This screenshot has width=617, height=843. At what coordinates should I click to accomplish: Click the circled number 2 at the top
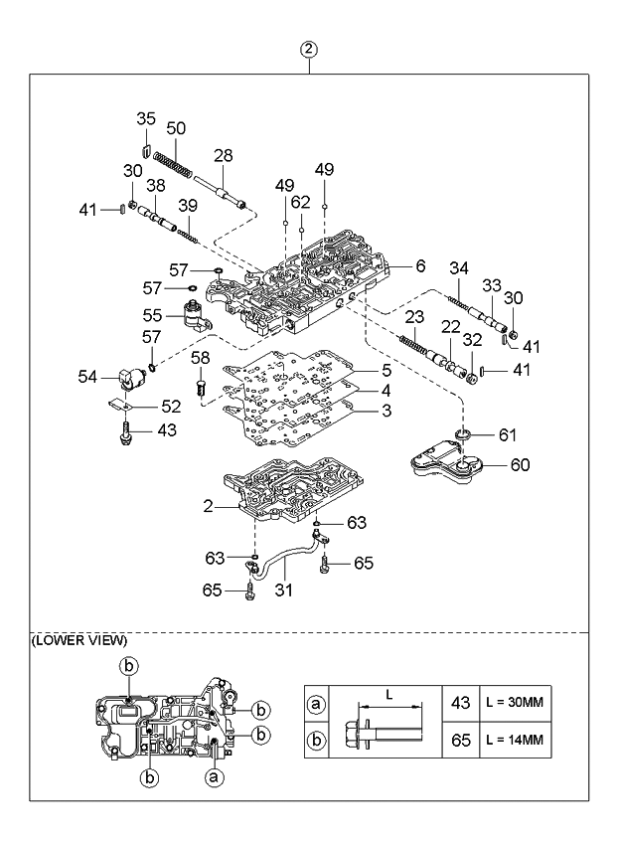pos(308,50)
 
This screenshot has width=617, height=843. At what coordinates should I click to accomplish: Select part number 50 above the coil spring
pos(176,128)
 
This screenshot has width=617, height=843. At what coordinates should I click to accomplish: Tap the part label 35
pos(146,118)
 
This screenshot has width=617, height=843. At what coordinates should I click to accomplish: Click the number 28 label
pos(223,155)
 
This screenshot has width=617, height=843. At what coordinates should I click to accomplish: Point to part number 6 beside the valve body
pos(420,265)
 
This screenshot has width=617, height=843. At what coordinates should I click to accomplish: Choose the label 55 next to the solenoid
pos(152,315)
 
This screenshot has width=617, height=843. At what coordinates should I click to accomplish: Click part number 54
pos(87,377)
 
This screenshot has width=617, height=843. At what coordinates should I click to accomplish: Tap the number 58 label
pos(200,357)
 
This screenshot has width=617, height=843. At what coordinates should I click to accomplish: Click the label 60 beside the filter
pos(520,464)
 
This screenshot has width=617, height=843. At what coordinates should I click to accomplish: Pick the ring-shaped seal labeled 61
pos(462,433)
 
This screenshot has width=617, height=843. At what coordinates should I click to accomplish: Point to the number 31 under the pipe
pos(284,590)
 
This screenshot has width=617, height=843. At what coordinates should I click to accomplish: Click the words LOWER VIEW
pos(79,640)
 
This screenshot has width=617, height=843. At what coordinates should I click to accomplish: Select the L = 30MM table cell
pos(515,702)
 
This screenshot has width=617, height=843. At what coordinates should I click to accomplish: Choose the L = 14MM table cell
pos(515,740)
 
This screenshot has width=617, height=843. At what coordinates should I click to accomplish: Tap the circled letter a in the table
pos(316,703)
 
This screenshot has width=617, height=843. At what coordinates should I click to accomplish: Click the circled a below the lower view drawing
pos(214,776)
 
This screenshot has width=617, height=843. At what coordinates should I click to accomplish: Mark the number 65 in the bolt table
pos(460,741)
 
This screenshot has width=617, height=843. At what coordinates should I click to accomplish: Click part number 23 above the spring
pos(414,317)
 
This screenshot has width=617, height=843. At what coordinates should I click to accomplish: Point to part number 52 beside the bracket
pos(171,407)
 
